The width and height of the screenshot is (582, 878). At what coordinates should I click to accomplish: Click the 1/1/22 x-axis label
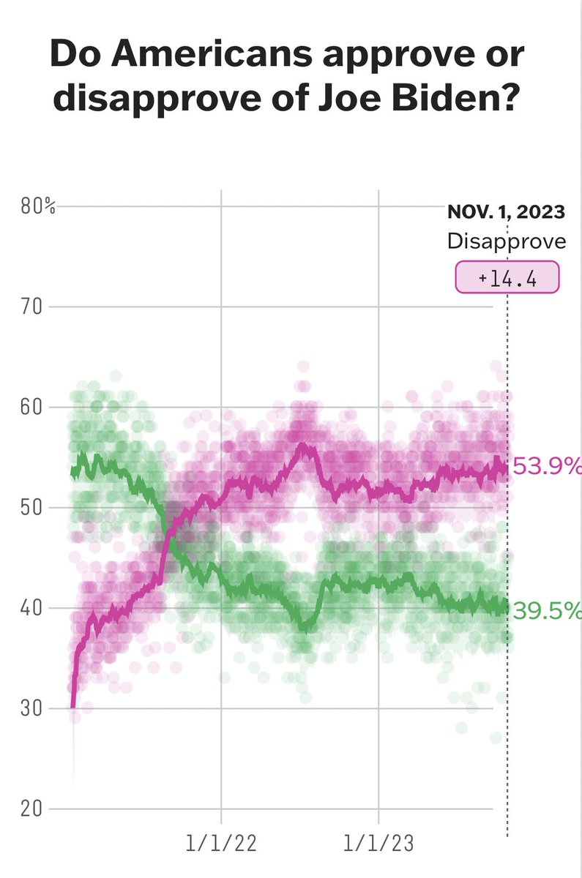coord(221,844)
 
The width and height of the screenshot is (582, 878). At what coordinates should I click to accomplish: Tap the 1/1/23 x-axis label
coord(378,844)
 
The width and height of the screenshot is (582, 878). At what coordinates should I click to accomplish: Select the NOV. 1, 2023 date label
coord(507,213)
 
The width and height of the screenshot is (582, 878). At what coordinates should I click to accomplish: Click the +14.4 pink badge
coord(507,277)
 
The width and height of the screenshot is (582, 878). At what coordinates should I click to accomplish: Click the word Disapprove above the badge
coord(507,241)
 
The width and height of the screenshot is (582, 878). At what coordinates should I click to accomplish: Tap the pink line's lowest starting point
coord(72,707)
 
